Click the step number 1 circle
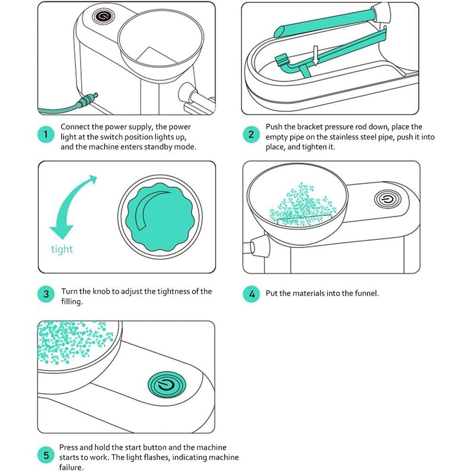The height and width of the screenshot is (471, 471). point(46,134)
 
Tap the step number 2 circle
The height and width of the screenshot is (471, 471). point(251,134)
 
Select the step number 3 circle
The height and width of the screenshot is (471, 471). point(46,294)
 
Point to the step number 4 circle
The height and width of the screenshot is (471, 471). point(252,294)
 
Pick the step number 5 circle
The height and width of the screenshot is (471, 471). point(46,455)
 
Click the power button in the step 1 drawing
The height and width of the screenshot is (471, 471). point(103,16)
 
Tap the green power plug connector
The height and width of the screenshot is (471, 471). point(87,100)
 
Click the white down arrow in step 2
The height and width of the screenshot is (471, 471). point(315,55)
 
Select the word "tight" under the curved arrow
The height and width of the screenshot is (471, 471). point(62,249)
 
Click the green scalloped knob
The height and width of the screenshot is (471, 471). point(160,217)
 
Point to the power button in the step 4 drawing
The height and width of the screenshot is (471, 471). point(388,199)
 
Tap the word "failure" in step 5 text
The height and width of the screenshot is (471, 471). point(70,467)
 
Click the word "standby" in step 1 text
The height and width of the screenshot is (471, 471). point(158,147)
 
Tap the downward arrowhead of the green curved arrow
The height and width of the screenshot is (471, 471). point(62,232)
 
